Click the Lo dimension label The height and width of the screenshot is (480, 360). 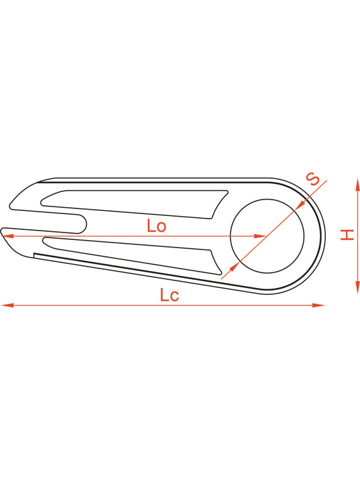click(157, 225)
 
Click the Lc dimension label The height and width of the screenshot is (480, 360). click(169, 295)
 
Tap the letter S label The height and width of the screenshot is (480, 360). click(313, 179)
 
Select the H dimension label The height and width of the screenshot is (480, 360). click(347, 234)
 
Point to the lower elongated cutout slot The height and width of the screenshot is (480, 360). click(132, 255)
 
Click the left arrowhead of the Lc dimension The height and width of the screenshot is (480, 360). click(8, 305)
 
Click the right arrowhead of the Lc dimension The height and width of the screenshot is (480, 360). click(318, 305)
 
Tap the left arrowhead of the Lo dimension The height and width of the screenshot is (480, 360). click(8, 236)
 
